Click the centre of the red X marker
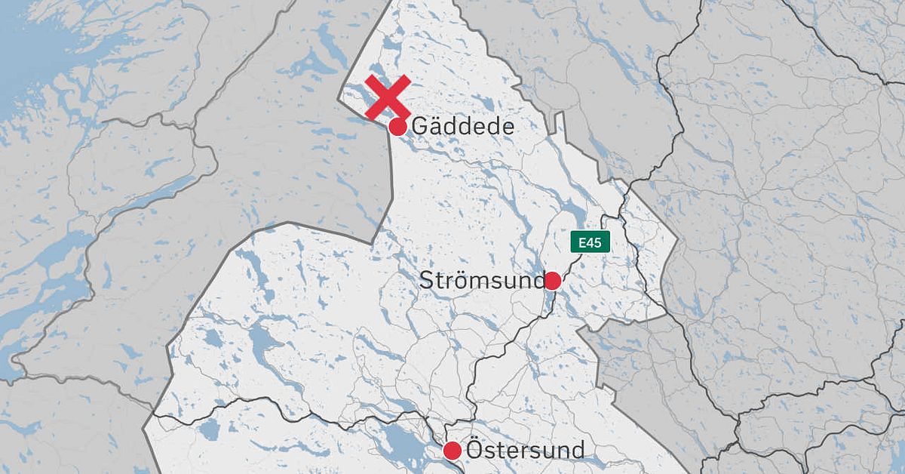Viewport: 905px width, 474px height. pyautogui.click(x=388, y=97)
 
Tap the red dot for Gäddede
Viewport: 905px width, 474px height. pyautogui.click(x=397, y=127)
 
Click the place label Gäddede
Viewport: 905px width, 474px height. pyautogui.click(x=462, y=126)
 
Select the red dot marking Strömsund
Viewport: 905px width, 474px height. pyautogui.click(x=552, y=282)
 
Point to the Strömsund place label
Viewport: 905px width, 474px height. pyautogui.click(x=481, y=282)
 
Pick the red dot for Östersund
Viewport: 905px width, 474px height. pyautogui.click(x=452, y=451)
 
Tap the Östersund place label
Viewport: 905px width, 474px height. pyautogui.click(x=526, y=451)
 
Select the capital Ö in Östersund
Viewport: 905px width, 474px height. pyautogui.click(x=475, y=450)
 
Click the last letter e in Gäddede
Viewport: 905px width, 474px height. pyautogui.click(x=508, y=127)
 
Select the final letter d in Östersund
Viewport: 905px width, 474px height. pyautogui.click(x=577, y=451)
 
